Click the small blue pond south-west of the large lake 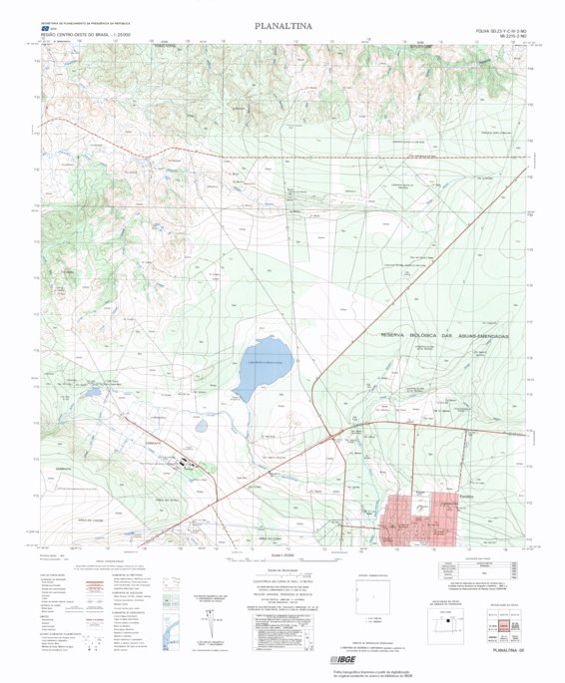tap(202, 425)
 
